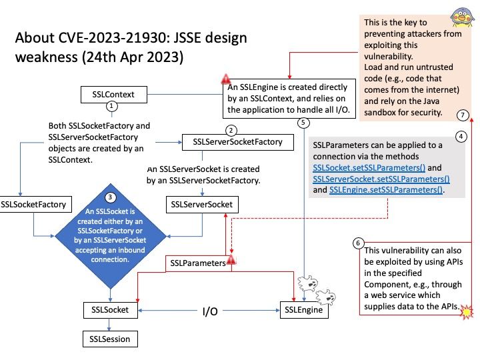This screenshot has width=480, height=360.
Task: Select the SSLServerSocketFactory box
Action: point(237,141)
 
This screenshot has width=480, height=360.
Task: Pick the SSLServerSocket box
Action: point(201,203)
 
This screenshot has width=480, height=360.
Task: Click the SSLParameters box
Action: point(198,263)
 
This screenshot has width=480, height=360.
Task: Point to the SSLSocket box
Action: point(111,309)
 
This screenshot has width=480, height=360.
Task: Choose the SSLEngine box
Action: point(303,309)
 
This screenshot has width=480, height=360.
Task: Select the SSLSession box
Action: point(111,339)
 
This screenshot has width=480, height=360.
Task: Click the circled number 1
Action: point(112,106)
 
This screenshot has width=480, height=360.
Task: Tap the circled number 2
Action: point(231,130)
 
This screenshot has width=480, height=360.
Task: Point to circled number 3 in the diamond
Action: point(111,197)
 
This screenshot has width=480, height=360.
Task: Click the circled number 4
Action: point(460,136)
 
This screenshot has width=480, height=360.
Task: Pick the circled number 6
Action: point(359,243)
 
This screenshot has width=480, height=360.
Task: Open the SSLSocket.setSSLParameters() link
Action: point(369,167)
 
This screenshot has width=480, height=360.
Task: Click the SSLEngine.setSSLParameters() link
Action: point(386,190)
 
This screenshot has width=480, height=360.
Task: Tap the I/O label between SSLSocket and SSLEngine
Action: point(210,311)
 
